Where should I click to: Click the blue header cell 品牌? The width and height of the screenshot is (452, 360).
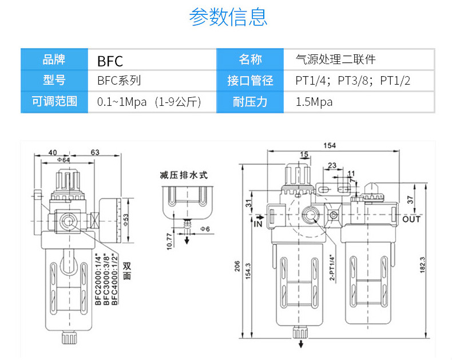click(54, 60)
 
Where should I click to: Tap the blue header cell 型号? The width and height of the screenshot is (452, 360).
click(54, 81)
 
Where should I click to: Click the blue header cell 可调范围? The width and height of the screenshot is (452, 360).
click(54, 102)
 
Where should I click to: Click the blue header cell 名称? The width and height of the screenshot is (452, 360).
click(250, 60)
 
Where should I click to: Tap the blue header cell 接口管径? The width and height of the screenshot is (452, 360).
click(250, 81)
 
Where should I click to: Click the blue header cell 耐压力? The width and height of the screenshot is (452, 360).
click(250, 102)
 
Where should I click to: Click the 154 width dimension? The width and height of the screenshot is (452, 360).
click(330, 145)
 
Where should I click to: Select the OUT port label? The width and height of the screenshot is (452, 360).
click(411, 219)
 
